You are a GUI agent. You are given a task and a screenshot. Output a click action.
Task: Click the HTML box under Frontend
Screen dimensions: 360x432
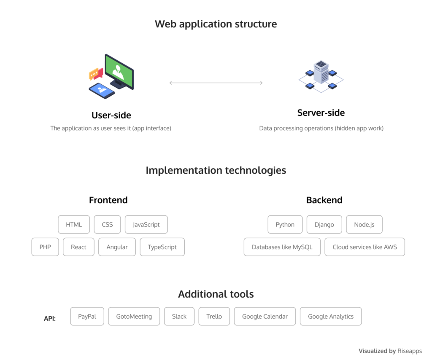pyautogui.click(x=74, y=224)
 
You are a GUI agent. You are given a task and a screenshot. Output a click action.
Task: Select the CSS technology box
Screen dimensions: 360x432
pyautogui.click(x=107, y=224)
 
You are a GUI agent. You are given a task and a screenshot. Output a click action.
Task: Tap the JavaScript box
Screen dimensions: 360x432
pyautogui.click(x=146, y=224)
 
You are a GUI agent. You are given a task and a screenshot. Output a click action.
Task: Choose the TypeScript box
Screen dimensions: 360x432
pyautogui.click(x=162, y=247)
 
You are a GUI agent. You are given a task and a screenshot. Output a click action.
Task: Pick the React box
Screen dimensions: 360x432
pyautogui.click(x=78, y=247)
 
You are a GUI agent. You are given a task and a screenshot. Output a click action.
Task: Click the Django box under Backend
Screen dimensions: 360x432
pyautogui.click(x=324, y=224)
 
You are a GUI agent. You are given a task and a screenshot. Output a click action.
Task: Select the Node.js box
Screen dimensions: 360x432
pyautogui.click(x=364, y=224)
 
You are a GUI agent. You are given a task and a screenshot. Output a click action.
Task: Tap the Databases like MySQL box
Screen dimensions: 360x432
pyautogui.click(x=282, y=247)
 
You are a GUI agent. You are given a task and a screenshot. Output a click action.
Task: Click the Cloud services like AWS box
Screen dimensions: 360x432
pyautogui.click(x=364, y=247)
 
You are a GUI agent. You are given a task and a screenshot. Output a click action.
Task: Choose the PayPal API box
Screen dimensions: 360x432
pyautogui.click(x=87, y=316)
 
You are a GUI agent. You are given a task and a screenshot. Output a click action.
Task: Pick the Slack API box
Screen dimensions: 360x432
pyautogui.click(x=179, y=316)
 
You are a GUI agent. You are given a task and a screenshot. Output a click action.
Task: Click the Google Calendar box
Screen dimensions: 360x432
pyautogui.click(x=265, y=316)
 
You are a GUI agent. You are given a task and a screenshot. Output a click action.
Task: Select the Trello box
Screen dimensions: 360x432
pyautogui.click(x=214, y=316)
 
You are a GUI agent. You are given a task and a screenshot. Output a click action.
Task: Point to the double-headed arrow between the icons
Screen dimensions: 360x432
pyautogui.click(x=216, y=83)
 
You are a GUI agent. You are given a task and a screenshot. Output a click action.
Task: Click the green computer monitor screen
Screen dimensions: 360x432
pyautogui.click(x=119, y=70)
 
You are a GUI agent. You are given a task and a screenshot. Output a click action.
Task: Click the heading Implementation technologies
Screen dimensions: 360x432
pyautogui.click(x=216, y=170)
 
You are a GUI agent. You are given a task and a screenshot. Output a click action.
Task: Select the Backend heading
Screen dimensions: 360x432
pyautogui.click(x=324, y=200)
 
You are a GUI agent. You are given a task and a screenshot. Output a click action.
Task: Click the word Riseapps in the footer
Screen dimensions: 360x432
pyautogui.click(x=409, y=351)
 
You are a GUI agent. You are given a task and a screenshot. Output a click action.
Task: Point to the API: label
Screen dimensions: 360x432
pyautogui.click(x=50, y=319)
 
